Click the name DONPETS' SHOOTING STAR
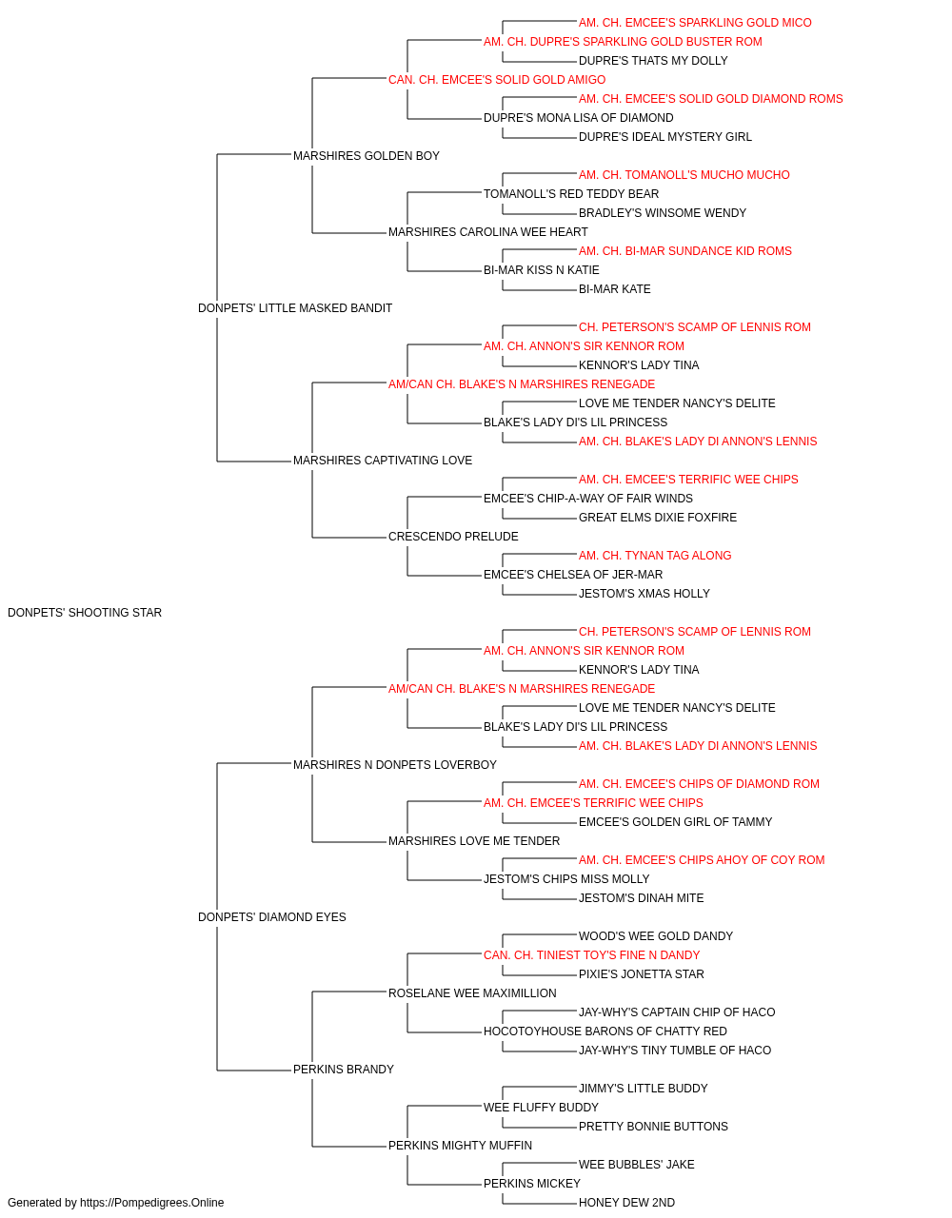coord(85,613)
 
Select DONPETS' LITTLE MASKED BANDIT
coord(295,308)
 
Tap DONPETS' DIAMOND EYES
coord(272,917)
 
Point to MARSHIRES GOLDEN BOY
coord(367,156)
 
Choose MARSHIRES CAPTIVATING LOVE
coord(383,461)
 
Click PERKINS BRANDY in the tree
coord(343,1070)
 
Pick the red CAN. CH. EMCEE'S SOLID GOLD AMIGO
coord(497,80)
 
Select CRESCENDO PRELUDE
coord(453,537)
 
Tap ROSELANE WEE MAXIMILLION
coord(472,993)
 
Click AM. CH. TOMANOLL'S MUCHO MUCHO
coord(684,175)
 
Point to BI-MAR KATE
coord(614,289)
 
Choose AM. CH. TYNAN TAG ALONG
coord(655,556)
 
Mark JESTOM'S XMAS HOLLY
coord(645,594)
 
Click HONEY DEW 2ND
coord(626,1203)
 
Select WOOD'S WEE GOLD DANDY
coord(655,936)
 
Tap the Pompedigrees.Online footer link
coord(152,1203)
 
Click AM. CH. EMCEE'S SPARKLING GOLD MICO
coord(695,23)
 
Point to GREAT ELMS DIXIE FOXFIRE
coord(658,518)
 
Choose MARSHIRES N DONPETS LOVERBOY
coord(395,764)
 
